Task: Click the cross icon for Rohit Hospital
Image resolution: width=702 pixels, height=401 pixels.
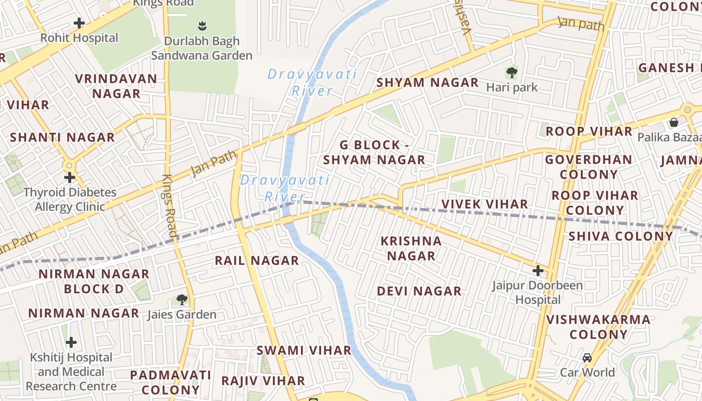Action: coord(79,23)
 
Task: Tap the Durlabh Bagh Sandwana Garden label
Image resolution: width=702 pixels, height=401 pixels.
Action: coord(202,48)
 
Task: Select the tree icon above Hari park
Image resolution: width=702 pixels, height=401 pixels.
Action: coord(511,73)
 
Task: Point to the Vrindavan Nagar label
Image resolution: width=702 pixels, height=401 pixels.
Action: coord(116,86)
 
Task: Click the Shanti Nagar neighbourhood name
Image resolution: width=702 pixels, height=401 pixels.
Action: coord(62,137)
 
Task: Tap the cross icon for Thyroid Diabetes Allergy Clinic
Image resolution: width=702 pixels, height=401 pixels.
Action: coord(70,177)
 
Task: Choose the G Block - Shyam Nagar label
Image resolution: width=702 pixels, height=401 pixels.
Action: coord(374,152)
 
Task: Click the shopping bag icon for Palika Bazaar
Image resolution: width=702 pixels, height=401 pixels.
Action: coord(674,122)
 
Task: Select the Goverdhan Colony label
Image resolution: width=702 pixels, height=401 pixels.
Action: coord(589,167)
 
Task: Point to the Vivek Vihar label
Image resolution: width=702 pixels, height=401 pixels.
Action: coord(484,204)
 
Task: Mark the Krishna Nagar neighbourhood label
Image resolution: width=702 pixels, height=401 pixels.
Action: coord(411,248)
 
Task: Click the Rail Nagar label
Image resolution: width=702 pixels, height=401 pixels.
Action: coord(257,261)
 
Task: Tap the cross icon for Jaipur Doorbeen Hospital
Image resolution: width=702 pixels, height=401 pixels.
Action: coord(538,271)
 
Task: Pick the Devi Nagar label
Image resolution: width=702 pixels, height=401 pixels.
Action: coord(419,291)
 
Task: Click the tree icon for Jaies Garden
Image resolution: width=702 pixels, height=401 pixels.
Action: coord(182,300)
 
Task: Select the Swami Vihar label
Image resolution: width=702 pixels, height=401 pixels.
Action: coord(304,350)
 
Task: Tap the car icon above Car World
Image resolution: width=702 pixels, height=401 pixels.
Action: coord(587,358)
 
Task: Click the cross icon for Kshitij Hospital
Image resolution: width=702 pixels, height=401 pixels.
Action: coord(71,342)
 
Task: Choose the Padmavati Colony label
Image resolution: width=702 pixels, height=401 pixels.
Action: coord(170,382)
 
